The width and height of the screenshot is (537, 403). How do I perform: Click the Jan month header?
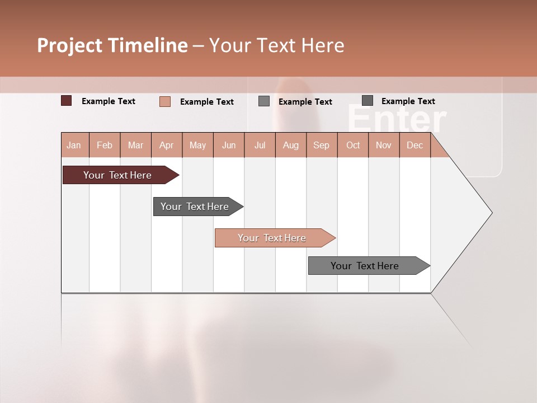click(x=74, y=145)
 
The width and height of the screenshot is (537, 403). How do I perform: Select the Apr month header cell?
click(x=167, y=145)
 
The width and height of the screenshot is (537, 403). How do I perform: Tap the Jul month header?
click(x=260, y=145)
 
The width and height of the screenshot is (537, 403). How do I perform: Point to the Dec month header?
click(x=414, y=145)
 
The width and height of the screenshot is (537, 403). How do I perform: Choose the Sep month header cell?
click(x=322, y=145)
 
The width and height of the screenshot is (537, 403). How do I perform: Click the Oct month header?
click(x=353, y=145)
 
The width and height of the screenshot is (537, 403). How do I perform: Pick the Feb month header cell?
click(x=105, y=145)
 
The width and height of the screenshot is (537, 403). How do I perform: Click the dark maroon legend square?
click(x=66, y=101)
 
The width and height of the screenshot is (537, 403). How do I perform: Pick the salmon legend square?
click(x=164, y=101)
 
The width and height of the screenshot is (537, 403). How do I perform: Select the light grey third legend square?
click(x=264, y=101)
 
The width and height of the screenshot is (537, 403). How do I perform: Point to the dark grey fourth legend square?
click(x=368, y=101)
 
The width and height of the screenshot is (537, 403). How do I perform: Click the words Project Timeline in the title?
click(x=112, y=45)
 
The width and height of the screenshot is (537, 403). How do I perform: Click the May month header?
click(x=197, y=145)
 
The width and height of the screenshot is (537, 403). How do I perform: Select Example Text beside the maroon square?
click(x=109, y=101)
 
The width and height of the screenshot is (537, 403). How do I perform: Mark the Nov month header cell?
click(x=384, y=145)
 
